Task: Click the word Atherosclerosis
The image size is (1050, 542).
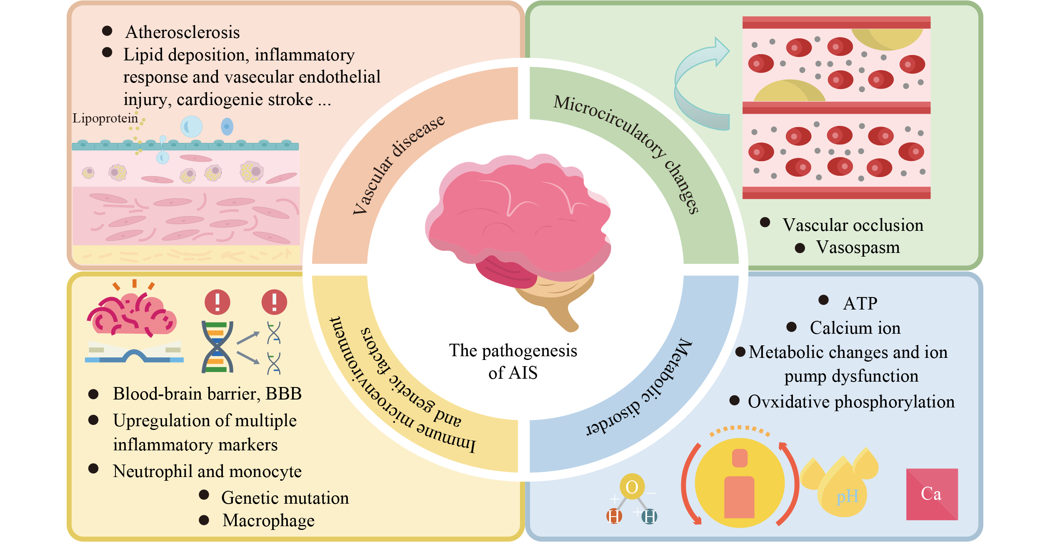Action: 182,32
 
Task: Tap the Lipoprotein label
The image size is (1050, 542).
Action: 105,118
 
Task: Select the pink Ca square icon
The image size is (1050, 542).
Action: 932,494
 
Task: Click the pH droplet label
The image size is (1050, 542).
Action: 847,496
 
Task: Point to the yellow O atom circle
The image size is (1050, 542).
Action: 632,487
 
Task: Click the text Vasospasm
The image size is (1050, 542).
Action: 857,247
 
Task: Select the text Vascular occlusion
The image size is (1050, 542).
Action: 852,225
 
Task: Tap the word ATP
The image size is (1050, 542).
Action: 860,303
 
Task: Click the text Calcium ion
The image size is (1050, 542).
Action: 855,328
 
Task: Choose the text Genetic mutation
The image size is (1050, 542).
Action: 285,498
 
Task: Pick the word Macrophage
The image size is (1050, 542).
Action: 269,520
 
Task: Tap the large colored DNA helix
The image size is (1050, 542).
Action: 217,347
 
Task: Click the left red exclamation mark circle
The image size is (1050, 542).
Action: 217,302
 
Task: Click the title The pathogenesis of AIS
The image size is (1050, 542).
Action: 513,362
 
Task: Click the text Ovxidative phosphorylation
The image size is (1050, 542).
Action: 851,402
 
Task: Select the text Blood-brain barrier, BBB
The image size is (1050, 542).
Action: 207,394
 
